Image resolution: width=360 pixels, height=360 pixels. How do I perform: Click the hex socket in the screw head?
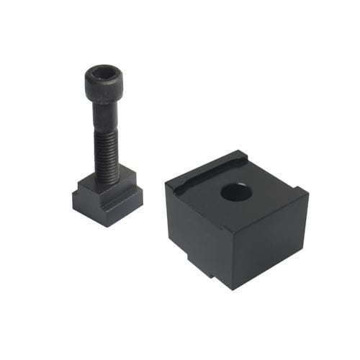coord(103,73)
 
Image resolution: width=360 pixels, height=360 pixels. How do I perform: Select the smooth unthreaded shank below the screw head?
coord(105,111)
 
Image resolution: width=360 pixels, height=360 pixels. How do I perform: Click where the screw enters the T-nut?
coord(107,179)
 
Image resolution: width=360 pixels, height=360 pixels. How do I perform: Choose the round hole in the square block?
coord(235,192)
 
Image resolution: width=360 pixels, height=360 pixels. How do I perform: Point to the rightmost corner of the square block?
coord(308,192)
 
